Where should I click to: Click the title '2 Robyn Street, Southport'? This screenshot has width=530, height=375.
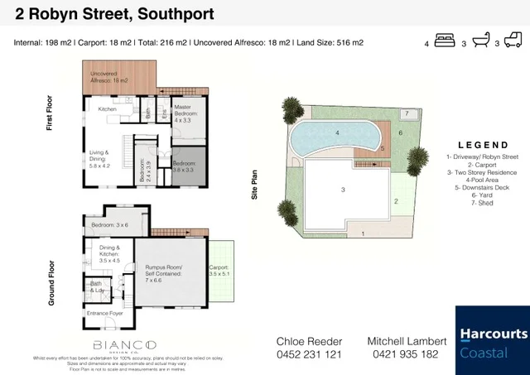point(109,14)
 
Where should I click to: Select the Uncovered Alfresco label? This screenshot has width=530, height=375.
point(109,78)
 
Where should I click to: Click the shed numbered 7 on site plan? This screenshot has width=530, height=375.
point(407,113)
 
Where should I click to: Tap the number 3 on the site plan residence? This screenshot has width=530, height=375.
point(342,190)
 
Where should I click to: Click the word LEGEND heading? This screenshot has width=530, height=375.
point(484,144)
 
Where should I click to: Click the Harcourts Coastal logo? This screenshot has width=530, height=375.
point(491,340)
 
